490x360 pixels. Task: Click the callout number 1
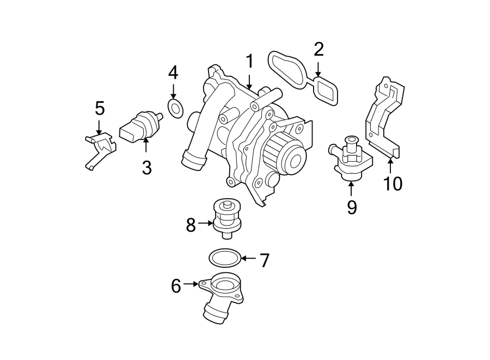click(x=249, y=62)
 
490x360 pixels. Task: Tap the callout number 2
click(x=318, y=50)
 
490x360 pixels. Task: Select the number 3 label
click(x=146, y=167)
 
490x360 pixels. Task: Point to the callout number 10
click(x=391, y=184)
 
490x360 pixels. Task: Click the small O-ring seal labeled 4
click(x=175, y=108)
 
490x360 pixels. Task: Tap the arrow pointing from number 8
click(x=206, y=223)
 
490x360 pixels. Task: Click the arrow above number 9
click(x=351, y=188)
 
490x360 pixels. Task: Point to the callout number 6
click(x=176, y=285)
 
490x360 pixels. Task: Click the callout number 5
click(x=100, y=108)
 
